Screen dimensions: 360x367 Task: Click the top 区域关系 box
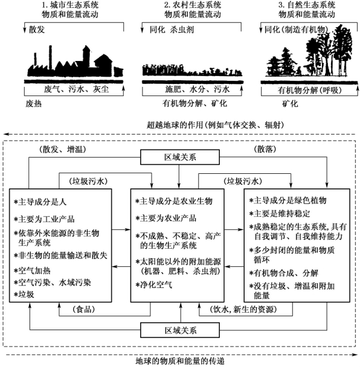point(180,158)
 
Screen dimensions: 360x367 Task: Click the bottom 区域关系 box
point(180,330)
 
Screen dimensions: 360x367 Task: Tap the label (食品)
point(84,310)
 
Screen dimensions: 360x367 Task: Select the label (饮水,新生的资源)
point(243,310)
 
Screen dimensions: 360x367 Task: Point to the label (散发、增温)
point(63,149)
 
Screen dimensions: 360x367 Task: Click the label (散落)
point(265,149)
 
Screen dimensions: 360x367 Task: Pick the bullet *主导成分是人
point(40,202)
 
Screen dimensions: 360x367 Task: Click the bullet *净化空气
point(154,285)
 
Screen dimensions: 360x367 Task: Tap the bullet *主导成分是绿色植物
point(288,200)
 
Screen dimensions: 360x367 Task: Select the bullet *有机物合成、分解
point(284,273)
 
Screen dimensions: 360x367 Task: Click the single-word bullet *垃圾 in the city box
point(24,295)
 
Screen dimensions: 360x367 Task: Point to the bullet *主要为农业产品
point(166,218)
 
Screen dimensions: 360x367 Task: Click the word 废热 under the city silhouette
point(33,103)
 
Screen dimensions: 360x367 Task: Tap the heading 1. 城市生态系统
point(70,5)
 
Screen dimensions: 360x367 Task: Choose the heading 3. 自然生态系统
point(307,5)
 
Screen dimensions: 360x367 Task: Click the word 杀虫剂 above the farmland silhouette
point(182,30)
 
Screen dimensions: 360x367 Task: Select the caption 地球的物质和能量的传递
point(180,361)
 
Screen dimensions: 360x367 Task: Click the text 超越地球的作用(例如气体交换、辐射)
point(216,125)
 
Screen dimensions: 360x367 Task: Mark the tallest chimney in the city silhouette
point(51,56)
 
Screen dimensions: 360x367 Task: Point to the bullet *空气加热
point(32,271)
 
